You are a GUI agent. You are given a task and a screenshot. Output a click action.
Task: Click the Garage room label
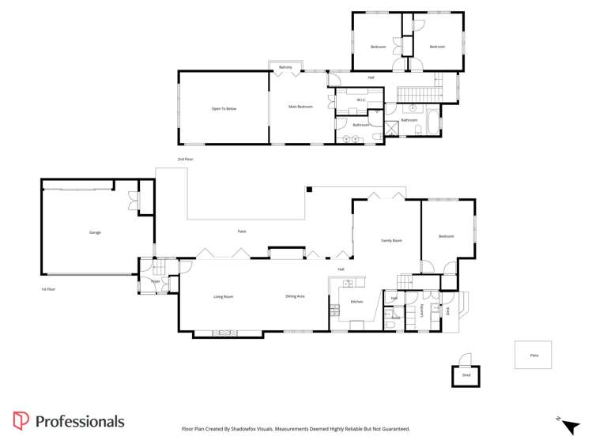click(95, 232)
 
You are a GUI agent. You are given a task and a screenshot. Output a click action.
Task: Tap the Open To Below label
click(224, 108)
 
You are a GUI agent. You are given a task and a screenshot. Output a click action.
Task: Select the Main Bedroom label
click(300, 107)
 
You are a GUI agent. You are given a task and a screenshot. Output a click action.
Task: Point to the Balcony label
click(285, 67)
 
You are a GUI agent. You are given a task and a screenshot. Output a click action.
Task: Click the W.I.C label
click(360, 100)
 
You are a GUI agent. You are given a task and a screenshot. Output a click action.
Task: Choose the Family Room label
click(391, 240)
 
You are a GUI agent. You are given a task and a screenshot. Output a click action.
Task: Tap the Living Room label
click(223, 297)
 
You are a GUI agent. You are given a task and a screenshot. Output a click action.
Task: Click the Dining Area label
click(296, 296)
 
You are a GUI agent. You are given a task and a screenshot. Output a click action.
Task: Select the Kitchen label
click(356, 302)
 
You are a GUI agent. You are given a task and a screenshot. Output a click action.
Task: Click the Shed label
click(466, 375)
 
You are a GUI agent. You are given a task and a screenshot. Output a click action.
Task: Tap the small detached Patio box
click(533, 355)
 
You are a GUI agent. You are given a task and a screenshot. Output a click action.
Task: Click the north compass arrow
click(570, 426)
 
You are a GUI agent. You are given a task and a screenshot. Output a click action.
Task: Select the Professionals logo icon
click(21, 421)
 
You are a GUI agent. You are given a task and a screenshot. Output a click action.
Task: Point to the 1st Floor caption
click(48, 290)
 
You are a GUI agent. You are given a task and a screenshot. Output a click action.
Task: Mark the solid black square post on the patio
click(311, 189)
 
